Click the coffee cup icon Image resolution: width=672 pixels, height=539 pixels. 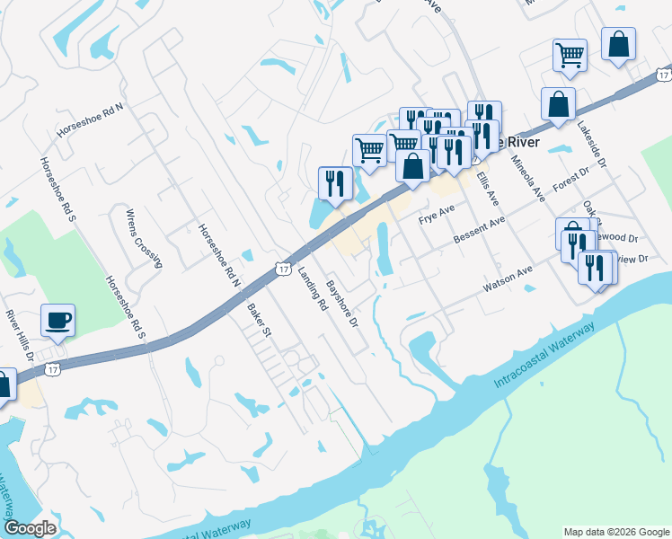57,321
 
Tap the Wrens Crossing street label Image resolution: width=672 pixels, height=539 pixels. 144,239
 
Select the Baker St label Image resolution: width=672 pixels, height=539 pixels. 259,320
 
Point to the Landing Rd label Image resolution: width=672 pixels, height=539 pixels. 314,289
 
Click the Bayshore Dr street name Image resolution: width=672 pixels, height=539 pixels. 341,304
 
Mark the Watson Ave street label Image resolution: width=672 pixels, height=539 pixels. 508,278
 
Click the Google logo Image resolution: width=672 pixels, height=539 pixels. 30,528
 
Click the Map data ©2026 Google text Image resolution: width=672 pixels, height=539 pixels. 616,531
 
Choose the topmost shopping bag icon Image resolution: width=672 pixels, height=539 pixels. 619,43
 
